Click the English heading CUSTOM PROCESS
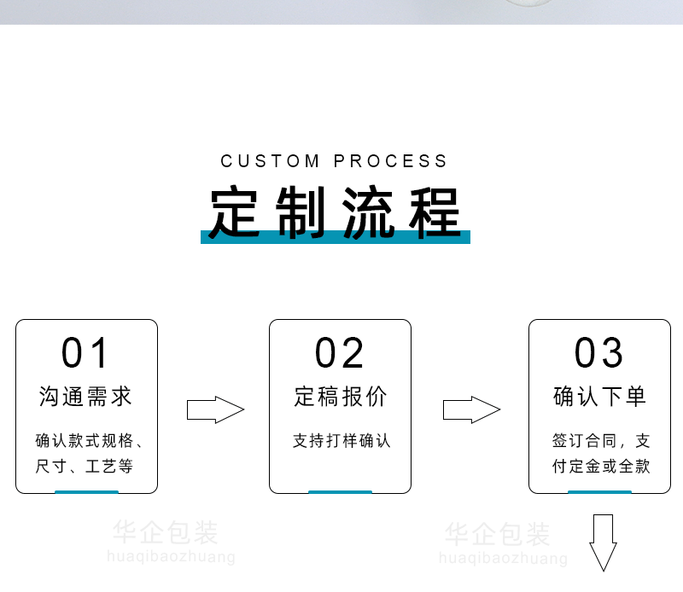coord(334,161)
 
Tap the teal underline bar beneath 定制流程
coord(335,237)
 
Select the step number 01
coord(86,353)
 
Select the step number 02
coord(340,353)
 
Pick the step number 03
coord(599,353)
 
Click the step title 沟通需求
coord(86,397)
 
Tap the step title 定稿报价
coord(341,397)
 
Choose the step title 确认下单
coord(599,397)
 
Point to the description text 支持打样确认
coord(341,441)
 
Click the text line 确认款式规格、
coord(89,441)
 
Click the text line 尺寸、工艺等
coord(85,467)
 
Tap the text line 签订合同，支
coord(600,441)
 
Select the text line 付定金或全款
coord(600,467)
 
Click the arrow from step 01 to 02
coord(215,409)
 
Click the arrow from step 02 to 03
coord(470,409)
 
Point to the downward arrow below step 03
coord(604,542)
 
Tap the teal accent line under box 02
coord(340,491)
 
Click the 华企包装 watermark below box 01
coord(166,534)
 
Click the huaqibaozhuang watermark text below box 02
coord(503,559)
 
